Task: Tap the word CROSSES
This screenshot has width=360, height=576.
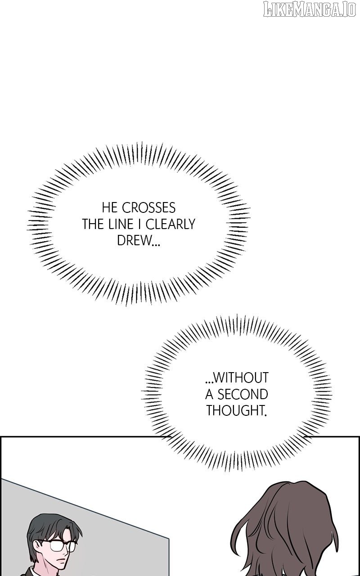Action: coord(149,208)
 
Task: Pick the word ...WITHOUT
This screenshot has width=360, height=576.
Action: coord(236,377)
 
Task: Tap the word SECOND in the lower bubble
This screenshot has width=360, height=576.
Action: coord(243,394)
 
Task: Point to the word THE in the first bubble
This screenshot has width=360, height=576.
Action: coord(93,224)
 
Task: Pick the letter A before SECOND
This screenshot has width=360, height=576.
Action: coord(209,394)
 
